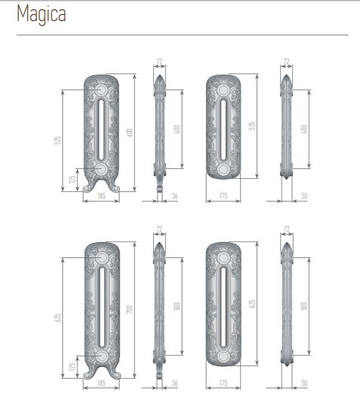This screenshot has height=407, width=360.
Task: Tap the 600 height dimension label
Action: [x=130, y=133]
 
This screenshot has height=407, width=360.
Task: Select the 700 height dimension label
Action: [x=130, y=309]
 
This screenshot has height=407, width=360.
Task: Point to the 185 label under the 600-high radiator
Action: [x=101, y=196]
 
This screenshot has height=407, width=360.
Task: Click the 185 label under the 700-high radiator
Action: [x=101, y=383]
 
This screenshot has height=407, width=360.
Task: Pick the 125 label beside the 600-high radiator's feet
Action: [x=73, y=179]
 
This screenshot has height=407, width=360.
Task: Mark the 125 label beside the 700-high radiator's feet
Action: [x=73, y=366]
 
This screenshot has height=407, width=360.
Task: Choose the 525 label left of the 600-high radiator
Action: [x=58, y=140]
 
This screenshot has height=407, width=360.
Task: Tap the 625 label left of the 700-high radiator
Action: [x=58, y=318]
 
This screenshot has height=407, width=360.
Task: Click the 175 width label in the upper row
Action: [x=224, y=196]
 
